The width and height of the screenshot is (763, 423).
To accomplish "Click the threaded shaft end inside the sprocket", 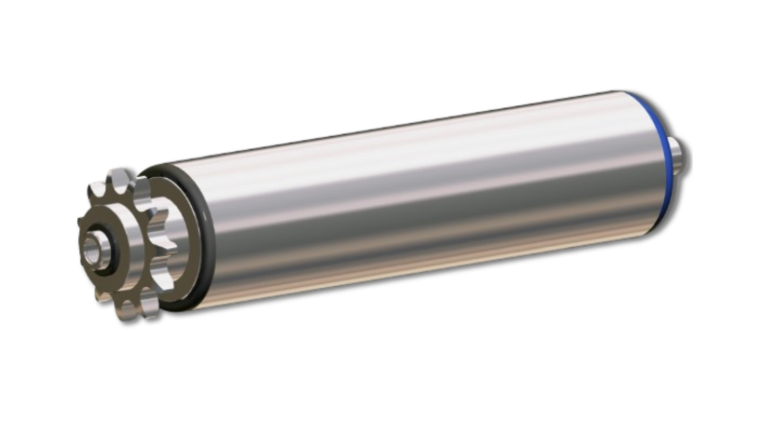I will (95, 247).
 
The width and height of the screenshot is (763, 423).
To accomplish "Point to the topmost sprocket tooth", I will (119, 179).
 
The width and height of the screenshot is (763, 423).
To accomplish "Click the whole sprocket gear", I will (127, 246).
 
